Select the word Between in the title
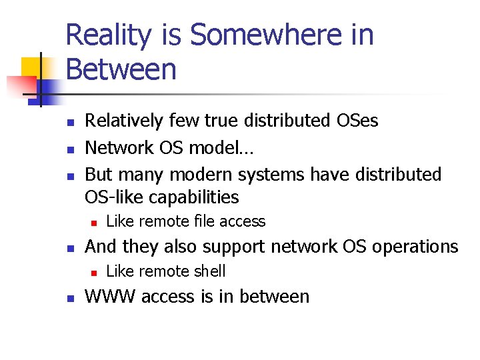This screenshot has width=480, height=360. (121, 69)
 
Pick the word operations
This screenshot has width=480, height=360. (411, 247)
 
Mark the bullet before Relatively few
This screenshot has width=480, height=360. (70, 122)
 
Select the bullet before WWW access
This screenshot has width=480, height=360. (70, 297)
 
